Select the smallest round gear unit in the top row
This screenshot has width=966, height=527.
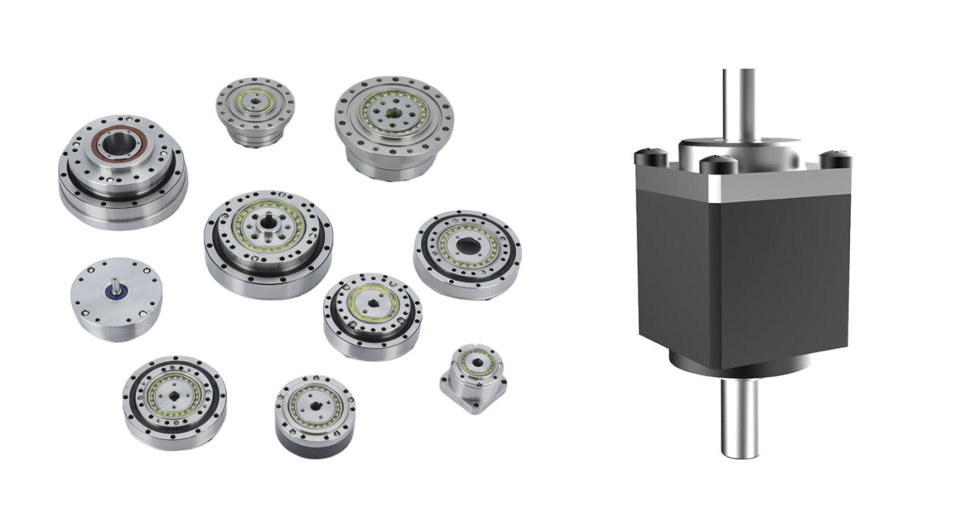pos(254,109)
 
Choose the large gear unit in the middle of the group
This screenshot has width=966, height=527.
pos(267,241)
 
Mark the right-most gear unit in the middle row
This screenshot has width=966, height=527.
pos(467,253)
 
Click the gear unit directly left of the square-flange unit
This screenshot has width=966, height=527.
pos(371,314)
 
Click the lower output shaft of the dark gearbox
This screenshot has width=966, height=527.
pos(738,414)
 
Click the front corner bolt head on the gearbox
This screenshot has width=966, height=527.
pos(717,165)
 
